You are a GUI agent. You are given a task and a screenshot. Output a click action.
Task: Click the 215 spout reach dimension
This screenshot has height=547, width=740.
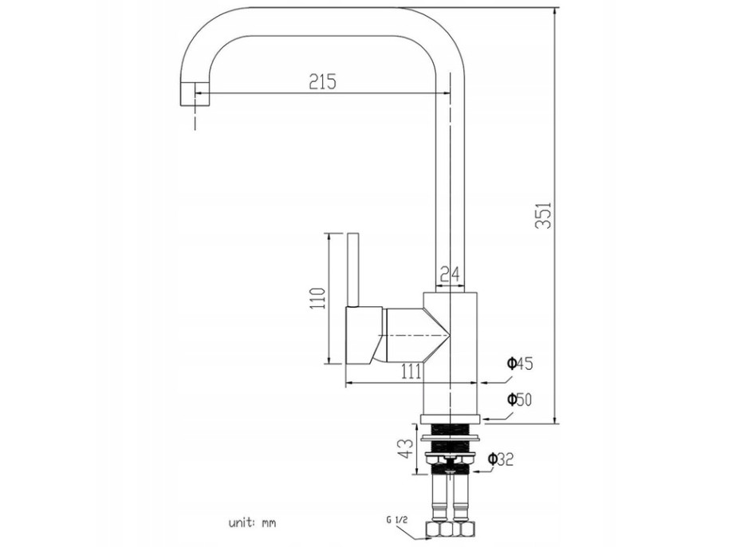pos(322,81)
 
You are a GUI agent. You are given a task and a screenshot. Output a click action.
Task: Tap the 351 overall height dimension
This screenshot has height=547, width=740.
pos(543,215)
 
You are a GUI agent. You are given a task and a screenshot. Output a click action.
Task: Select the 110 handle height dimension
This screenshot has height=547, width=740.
pos(317,298)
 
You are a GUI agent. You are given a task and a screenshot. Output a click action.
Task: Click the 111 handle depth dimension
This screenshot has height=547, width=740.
pos(411,372)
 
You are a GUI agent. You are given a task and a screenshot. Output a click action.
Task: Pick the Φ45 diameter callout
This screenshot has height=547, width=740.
pos(520,364)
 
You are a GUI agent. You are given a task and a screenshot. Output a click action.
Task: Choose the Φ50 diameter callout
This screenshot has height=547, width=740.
pos(519,399)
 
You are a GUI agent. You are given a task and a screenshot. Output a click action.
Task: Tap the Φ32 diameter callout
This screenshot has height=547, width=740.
pos(500,458)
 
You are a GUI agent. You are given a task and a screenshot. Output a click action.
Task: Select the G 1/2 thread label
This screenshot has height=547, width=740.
pos(396,520)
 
